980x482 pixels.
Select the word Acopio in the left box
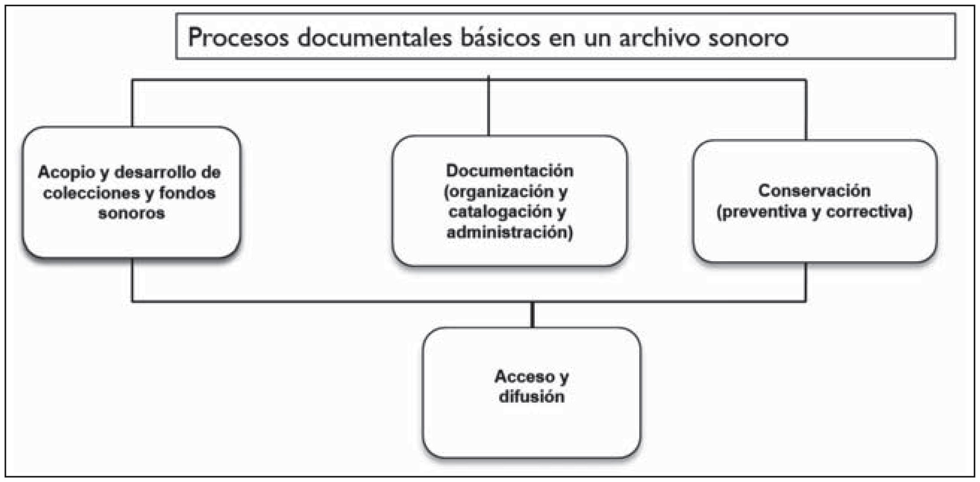tap(65, 172)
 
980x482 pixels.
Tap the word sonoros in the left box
tap(131, 213)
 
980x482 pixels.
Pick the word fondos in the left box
tap(187, 193)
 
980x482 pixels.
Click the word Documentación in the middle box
tap(509, 171)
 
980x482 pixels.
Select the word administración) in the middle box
tap(509, 232)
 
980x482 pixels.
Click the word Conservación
tap(814, 191)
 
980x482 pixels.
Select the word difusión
tap(531, 397)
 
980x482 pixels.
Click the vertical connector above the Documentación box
tap(488, 108)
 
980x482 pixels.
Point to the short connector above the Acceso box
tap(532, 314)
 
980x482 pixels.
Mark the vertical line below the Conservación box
tap(806, 281)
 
